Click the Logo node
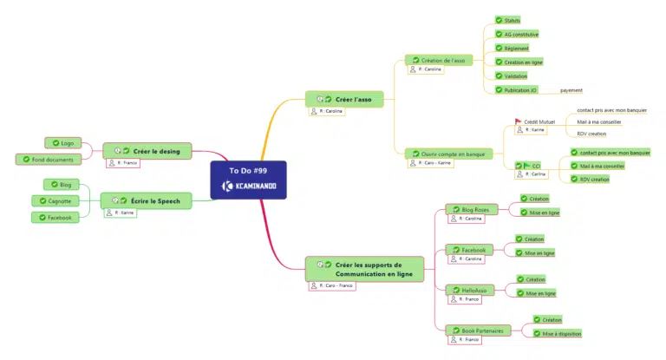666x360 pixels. click(x=62, y=142)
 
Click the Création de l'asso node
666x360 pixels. click(x=442, y=60)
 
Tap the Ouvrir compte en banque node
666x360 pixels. click(x=448, y=154)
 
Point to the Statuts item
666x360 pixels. click(x=513, y=20)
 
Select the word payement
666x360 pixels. click(x=571, y=90)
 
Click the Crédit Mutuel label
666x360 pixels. click(x=539, y=122)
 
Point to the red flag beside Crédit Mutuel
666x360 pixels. click(x=518, y=122)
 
